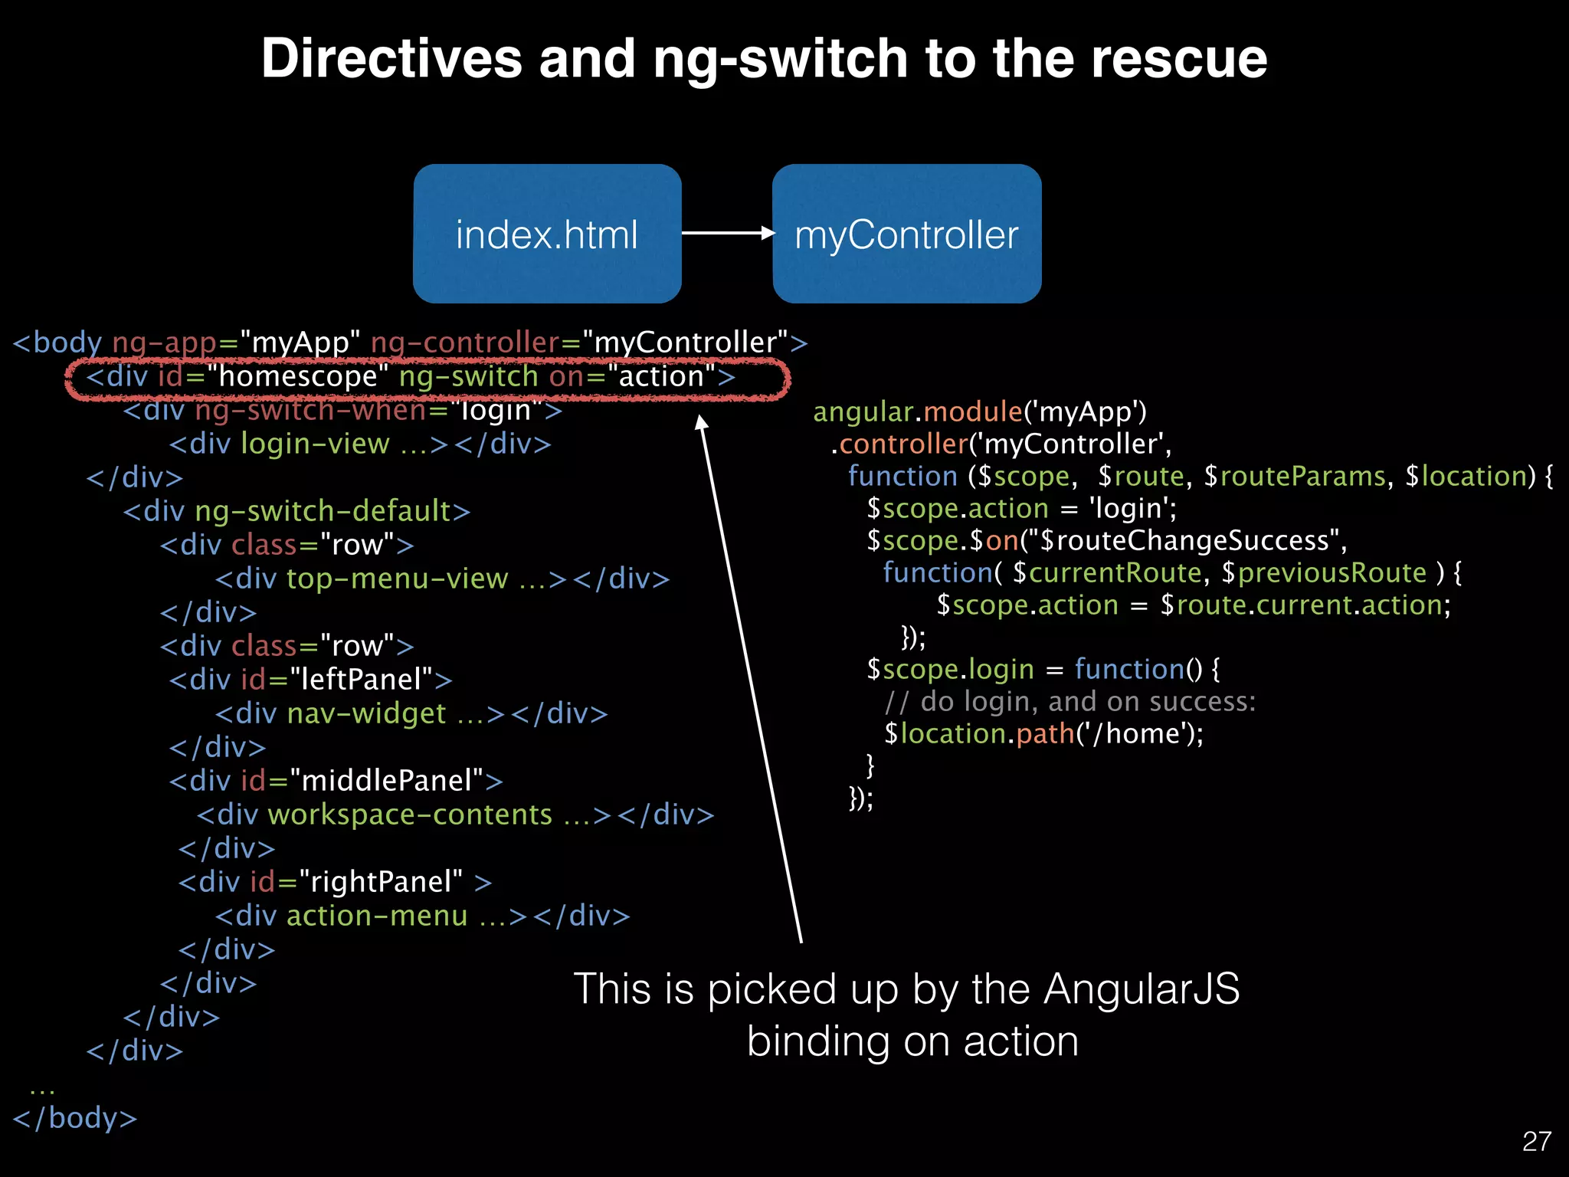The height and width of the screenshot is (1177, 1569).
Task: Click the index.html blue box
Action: coord(547,234)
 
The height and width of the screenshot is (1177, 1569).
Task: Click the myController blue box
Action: coord(906,234)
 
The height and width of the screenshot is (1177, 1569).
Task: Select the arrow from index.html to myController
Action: coord(726,233)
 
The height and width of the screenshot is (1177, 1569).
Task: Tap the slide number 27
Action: coord(1536,1141)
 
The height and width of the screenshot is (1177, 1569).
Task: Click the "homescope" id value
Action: coord(298,376)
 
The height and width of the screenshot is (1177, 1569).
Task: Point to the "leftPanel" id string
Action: coord(361,680)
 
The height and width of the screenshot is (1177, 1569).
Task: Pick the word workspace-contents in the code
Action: coord(410,815)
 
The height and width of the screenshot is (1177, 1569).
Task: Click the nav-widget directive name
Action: coord(366,713)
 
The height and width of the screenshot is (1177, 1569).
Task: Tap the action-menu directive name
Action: coord(377,916)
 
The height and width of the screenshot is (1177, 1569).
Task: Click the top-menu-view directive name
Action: coord(397,579)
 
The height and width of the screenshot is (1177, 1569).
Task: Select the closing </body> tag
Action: coord(75,1118)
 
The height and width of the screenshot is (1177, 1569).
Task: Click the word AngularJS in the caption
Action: coord(1141,988)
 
